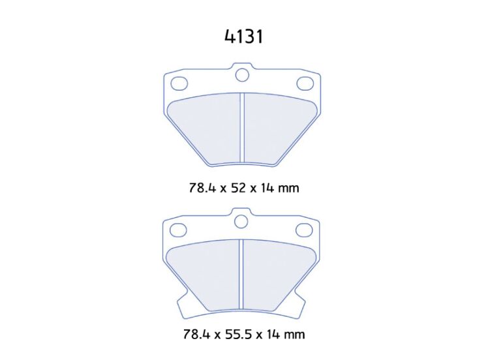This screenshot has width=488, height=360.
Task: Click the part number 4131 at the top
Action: point(244,37)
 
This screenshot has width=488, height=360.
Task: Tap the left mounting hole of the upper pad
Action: point(179,83)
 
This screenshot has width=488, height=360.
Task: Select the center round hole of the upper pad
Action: point(242,76)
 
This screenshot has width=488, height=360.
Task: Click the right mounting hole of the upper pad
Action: point(305,83)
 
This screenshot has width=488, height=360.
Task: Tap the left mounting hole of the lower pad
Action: point(179,230)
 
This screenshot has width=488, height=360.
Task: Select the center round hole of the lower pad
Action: point(242,222)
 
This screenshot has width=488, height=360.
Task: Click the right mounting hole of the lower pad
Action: point(305,230)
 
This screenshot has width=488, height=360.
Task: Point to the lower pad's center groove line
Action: point(242,274)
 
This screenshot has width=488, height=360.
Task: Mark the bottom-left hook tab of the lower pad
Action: point(185,306)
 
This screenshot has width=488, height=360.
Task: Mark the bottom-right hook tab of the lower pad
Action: point(299,306)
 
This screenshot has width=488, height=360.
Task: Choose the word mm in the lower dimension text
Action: point(294,335)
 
